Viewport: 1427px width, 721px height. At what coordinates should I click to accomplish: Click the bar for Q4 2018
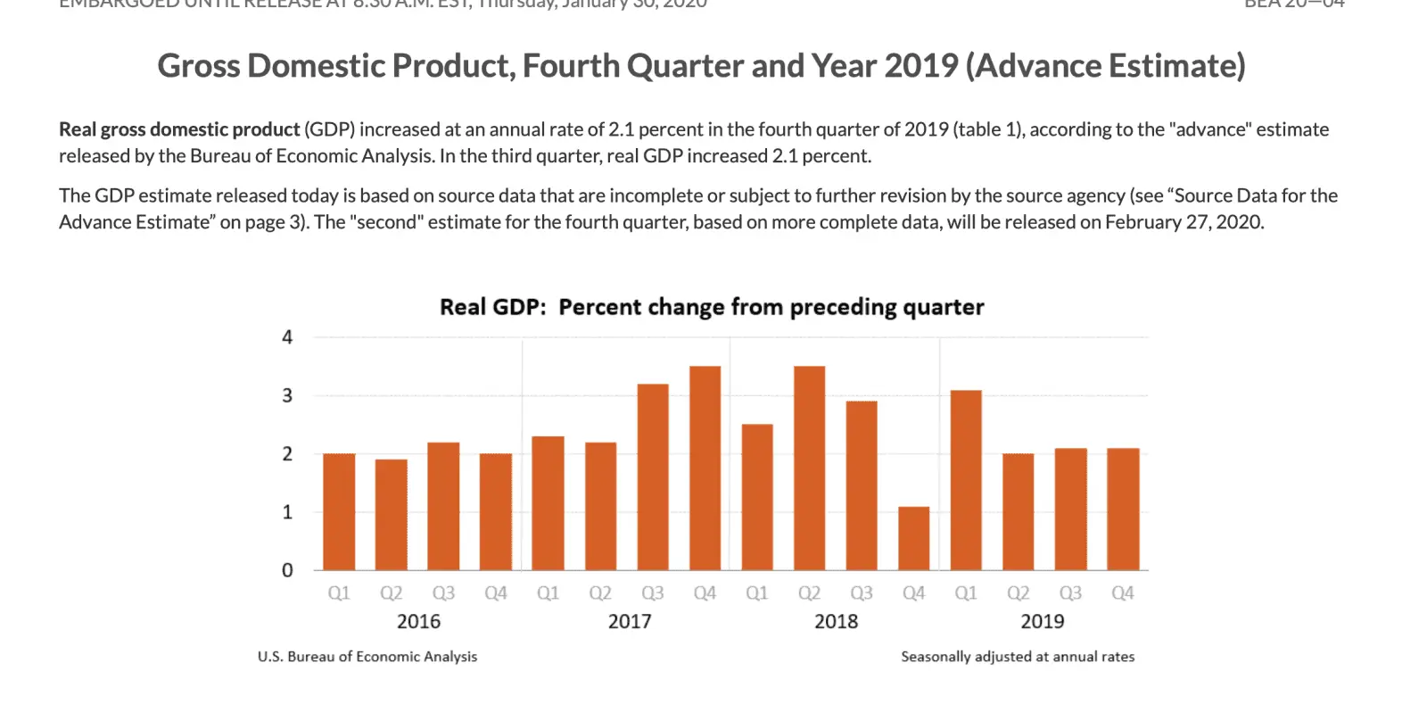913,538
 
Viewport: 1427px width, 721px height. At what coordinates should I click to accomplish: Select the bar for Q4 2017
705,468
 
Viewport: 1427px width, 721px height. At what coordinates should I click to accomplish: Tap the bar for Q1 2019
966,480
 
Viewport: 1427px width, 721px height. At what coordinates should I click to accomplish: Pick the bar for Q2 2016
392,514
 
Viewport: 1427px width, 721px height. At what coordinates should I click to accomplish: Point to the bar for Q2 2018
809,468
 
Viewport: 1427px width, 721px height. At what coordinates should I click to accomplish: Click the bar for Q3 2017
653,477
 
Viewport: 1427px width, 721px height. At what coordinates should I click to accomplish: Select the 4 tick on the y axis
287,337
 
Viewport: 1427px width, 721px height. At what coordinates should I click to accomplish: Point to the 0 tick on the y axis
287,570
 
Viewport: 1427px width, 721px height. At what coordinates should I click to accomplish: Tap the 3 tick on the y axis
287,395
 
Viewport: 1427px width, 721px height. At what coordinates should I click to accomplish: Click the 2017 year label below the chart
630,621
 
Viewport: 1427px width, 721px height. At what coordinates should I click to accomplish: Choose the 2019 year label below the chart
1042,621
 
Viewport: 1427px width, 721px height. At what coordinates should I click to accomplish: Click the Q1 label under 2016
339,593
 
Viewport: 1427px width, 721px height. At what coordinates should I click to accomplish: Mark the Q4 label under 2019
1122,593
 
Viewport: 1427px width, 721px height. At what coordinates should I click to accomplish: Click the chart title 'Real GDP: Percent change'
711,307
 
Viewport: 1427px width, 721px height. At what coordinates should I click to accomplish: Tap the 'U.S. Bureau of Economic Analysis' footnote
367,657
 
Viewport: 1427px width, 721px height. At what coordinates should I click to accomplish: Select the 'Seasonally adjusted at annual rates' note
1018,657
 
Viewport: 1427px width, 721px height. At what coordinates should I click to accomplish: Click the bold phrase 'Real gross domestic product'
179,129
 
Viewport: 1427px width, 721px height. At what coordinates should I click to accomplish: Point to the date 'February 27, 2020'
1184,222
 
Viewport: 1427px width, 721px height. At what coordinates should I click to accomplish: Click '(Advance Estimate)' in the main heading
1106,66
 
